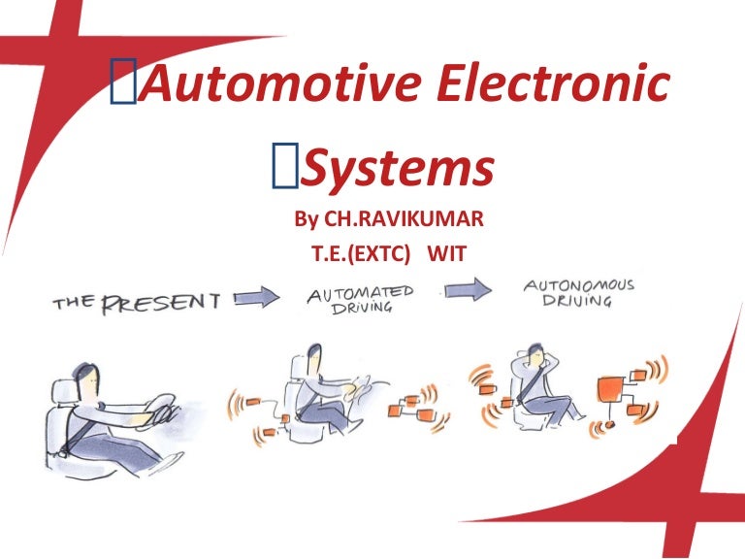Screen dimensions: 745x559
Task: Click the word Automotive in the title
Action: pyautogui.click(x=281, y=82)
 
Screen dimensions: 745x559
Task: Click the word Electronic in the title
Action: pyautogui.click(x=554, y=82)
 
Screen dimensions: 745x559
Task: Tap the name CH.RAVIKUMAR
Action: pyautogui.click(x=404, y=219)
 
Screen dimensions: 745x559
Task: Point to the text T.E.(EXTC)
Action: pyautogui.click(x=360, y=254)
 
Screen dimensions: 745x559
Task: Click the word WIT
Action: pyautogui.click(x=446, y=254)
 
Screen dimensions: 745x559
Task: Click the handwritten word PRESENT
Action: pyautogui.click(x=162, y=303)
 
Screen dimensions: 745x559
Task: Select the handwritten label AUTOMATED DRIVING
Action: pyautogui.click(x=361, y=299)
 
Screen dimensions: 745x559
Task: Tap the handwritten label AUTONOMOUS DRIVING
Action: pyautogui.click(x=578, y=292)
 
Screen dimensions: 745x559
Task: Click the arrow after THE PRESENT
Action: pyautogui.click(x=257, y=298)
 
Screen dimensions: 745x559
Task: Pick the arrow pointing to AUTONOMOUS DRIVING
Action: pyautogui.click(x=468, y=289)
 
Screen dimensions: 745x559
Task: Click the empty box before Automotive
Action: pyautogui.click(x=123, y=81)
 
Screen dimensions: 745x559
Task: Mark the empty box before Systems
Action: pyautogui.click(x=285, y=165)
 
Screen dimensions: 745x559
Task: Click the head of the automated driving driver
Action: pyautogui.click(x=313, y=359)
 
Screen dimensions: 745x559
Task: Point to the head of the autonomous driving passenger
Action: pyautogui.click(x=535, y=355)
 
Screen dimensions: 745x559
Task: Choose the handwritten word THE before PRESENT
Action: pyautogui.click(x=74, y=303)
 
